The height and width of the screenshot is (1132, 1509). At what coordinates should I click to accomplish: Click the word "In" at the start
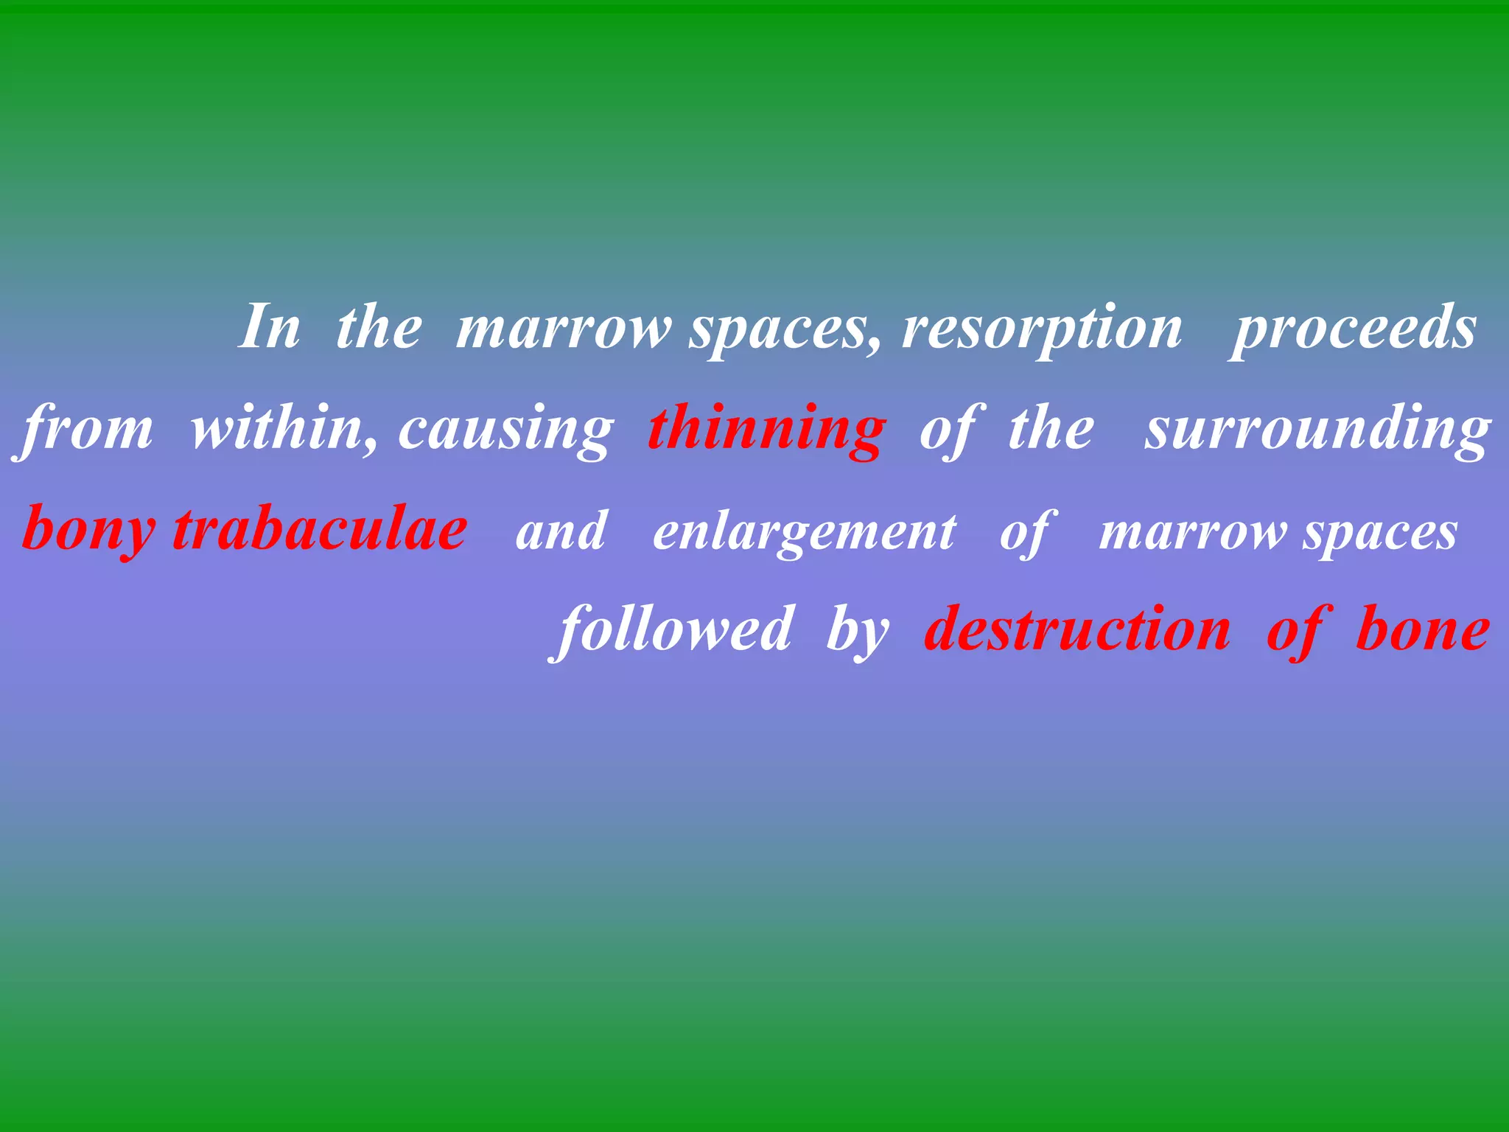tap(270, 326)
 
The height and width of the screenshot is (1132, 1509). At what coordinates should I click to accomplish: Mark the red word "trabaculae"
tap(320, 529)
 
